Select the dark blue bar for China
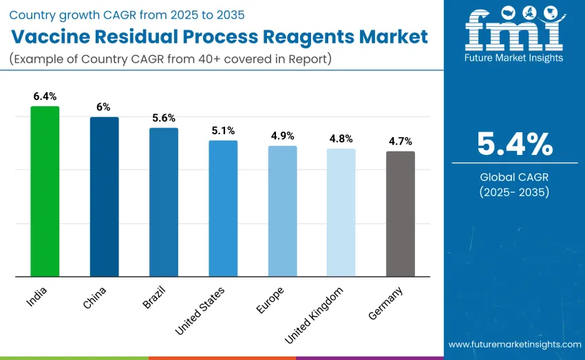coord(104,197)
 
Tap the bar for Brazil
coord(164,202)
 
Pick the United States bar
coord(223,209)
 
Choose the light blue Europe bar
coord(282,211)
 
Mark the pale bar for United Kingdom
coord(341,213)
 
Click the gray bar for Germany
coord(401,214)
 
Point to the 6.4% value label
coord(45,96)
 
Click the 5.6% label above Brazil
coord(164,118)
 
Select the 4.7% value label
coord(401,141)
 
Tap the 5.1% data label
coord(223,130)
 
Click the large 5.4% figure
coord(515,144)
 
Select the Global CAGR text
coord(515,177)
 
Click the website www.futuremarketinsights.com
coord(515,344)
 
